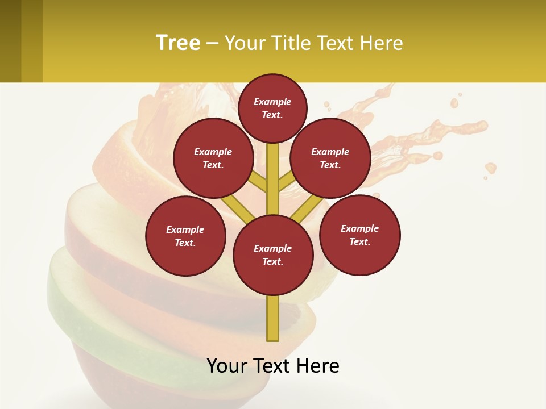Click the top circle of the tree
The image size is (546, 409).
pos(272,108)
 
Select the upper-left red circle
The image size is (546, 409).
pos(213,158)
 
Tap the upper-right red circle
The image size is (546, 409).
pos(330,158)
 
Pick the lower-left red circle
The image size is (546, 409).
pos(185,236)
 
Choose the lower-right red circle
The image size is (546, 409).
pos(359,235)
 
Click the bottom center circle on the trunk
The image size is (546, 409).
pos(273,255)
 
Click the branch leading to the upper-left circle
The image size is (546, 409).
pos(259,182)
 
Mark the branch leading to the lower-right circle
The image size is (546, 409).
pos(308,208)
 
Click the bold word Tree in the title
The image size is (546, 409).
pos(178,43)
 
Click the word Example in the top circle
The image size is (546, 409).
pos(272,102)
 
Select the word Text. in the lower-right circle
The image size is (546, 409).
pos(359,241)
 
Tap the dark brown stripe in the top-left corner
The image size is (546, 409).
pos(10,41)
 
